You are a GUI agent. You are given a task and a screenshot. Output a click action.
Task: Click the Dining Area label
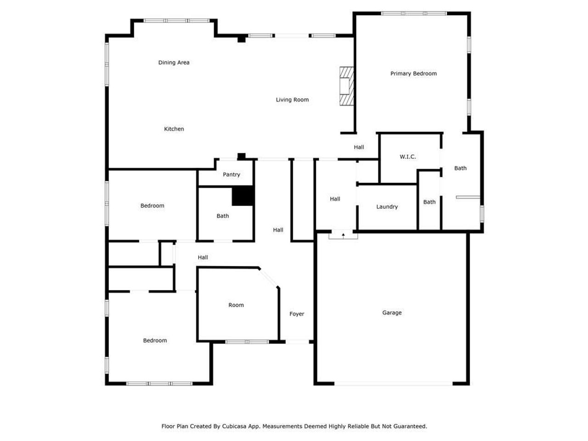click(x=174, y=62)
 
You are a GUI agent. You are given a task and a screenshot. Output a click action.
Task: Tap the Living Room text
click(x=292, y=100)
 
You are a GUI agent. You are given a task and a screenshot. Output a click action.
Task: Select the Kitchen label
click(x=174, y=129)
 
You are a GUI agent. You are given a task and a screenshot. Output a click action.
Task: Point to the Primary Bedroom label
click(x=413, y=73)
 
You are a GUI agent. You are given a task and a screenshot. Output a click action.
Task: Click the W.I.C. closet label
click(x=407, y=157)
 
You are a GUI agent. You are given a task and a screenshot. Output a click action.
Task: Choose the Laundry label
click(x=387, y=207)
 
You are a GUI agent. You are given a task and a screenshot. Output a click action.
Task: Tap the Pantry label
click(x=232, y=175)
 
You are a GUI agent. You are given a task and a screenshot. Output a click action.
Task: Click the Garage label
click(x=392, y=313)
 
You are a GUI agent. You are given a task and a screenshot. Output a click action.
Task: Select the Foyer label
click(x=297, y=314)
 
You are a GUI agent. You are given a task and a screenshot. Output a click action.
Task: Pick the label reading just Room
click(x=236, y=305)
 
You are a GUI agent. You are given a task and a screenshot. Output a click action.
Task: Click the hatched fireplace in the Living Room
click(x=346, y=87)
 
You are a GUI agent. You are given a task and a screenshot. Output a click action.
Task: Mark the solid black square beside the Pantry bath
click(x=243, y=196)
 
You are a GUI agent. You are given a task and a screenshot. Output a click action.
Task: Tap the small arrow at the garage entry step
click(x=343, y=235)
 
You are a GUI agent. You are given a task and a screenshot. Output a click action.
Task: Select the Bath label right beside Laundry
click(x=430, y=202)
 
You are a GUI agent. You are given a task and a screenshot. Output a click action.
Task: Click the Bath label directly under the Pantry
click(x=223, y=216)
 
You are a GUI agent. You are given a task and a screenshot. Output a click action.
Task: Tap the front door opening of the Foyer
click(x=297, y=342)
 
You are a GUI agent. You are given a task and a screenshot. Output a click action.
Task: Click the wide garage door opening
click(x=393, y=383)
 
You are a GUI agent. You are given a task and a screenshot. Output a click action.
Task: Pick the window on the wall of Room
click(x=247, y=342)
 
